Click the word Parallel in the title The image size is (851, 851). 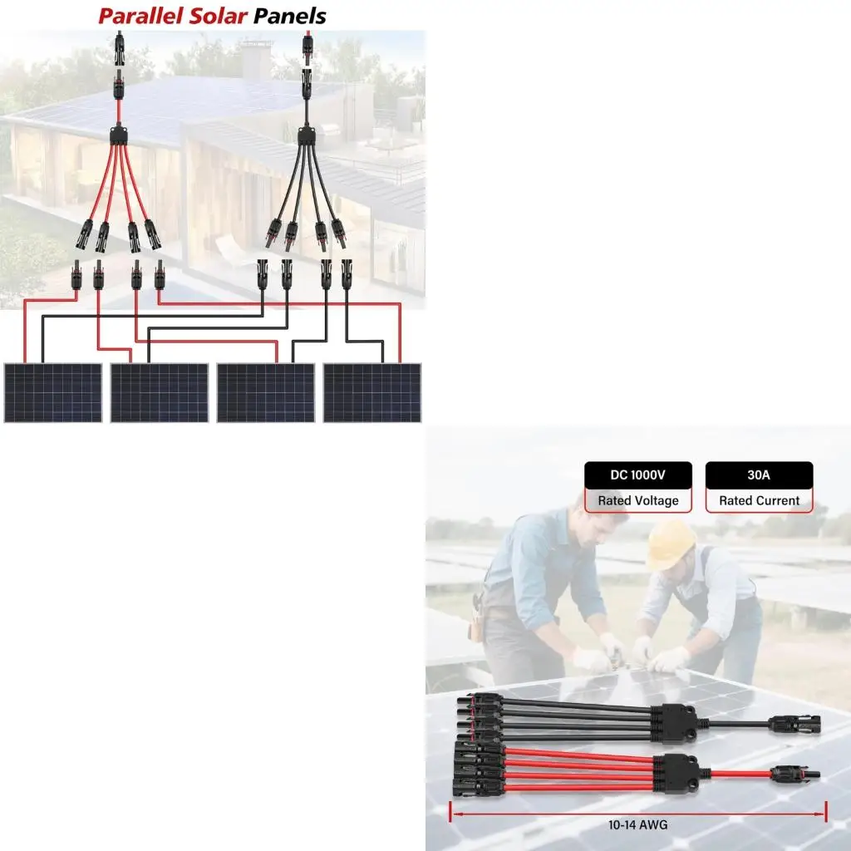140,16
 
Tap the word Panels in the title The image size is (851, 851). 290,16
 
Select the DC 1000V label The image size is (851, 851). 637,476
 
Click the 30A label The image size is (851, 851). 759,476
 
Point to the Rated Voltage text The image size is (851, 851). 637,501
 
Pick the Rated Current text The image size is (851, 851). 759,501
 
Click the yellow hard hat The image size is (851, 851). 671,544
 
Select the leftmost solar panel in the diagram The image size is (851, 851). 52,392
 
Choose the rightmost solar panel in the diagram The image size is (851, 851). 371,392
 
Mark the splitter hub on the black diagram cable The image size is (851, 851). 308,135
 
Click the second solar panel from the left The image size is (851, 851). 159,392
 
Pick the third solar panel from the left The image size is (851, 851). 265,392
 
